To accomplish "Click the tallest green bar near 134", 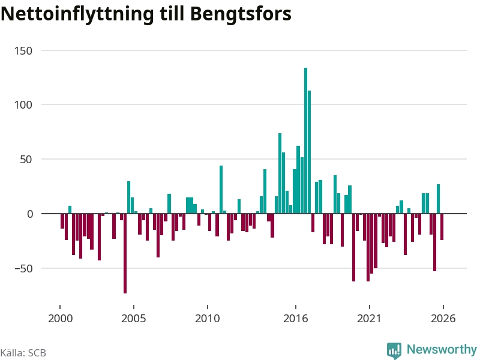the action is (305, 140).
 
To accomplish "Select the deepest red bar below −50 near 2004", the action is (125, 253).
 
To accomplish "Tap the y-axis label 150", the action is (23, 51).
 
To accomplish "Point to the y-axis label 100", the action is (23, 105).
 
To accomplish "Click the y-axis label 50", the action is (26, 160).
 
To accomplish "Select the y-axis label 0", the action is (29, 214).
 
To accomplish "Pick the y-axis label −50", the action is (23, 268).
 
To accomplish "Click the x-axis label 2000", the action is (61, 319).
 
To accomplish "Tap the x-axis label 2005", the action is (133, 319).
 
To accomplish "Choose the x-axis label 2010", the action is (207, 319).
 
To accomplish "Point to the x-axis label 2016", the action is (295, 319).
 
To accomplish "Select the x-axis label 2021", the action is (369, 319).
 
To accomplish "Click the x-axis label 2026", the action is (443, 319).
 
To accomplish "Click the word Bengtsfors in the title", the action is (241, 14).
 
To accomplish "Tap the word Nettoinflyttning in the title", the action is (77, 14).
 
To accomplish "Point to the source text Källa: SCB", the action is (23, 353).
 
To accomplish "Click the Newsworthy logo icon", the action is (394, 350).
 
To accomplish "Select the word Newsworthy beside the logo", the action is (442, 349).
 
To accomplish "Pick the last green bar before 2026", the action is (438, 199).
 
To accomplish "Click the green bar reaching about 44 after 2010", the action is (221, 190).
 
